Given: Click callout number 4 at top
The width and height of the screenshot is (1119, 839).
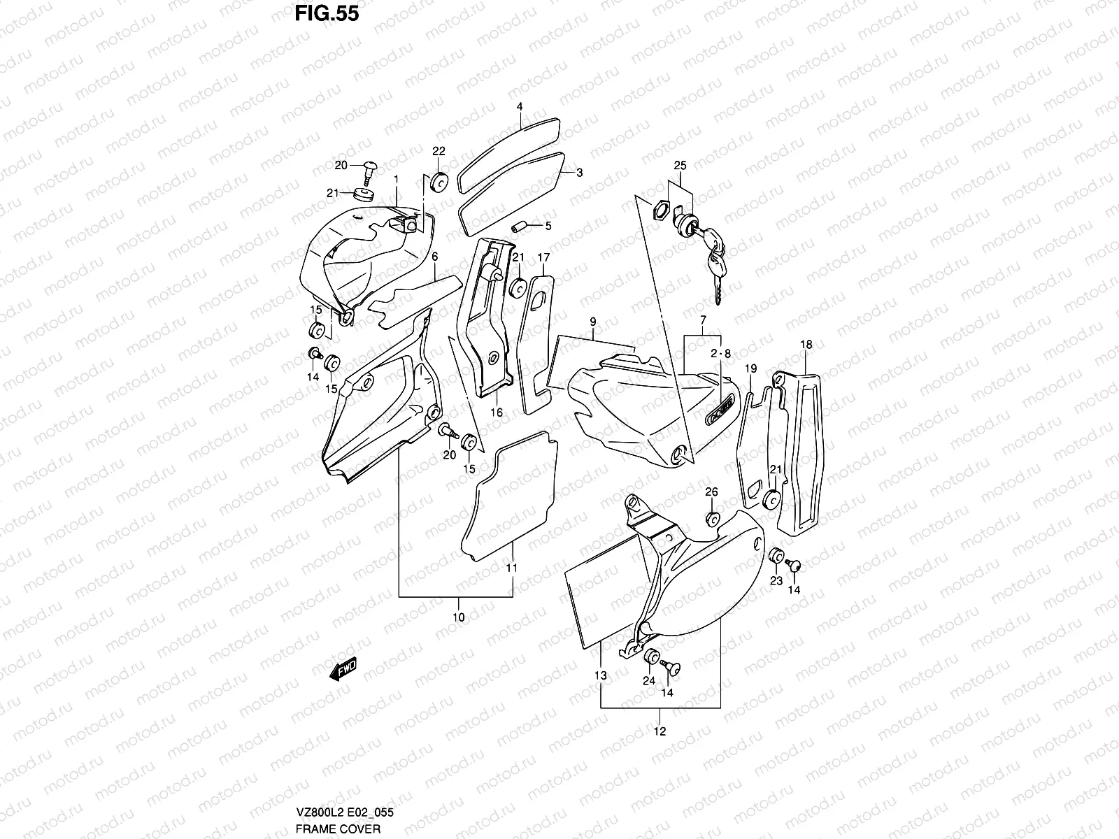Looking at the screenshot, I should click(x=520, y=107).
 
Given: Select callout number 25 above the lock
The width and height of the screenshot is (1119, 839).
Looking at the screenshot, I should click(x=680, y=166).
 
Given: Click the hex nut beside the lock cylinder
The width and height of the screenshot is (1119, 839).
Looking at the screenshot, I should click(x=660, y=210).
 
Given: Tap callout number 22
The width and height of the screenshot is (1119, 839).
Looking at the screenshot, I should click(x=439, y=151).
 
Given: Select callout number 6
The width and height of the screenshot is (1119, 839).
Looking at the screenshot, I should click(x=434, y=257).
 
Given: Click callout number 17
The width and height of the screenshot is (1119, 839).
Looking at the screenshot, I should click(x=543, y=258).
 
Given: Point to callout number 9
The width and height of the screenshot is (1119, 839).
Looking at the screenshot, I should click(x=592, y=322).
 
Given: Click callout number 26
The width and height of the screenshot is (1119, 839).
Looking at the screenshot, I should click(x=711, y=492).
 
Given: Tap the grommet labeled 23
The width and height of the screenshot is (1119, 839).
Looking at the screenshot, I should click(x=776, y=557).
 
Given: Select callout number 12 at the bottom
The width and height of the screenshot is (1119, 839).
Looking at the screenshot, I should click(x=660, y=731).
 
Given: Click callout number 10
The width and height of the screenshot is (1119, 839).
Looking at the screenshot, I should click(x=459, y=617).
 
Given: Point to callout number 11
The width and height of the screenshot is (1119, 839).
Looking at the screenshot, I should click(x=512, y=568).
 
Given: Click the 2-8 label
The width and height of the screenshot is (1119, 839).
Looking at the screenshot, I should click(x=720, y=354).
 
